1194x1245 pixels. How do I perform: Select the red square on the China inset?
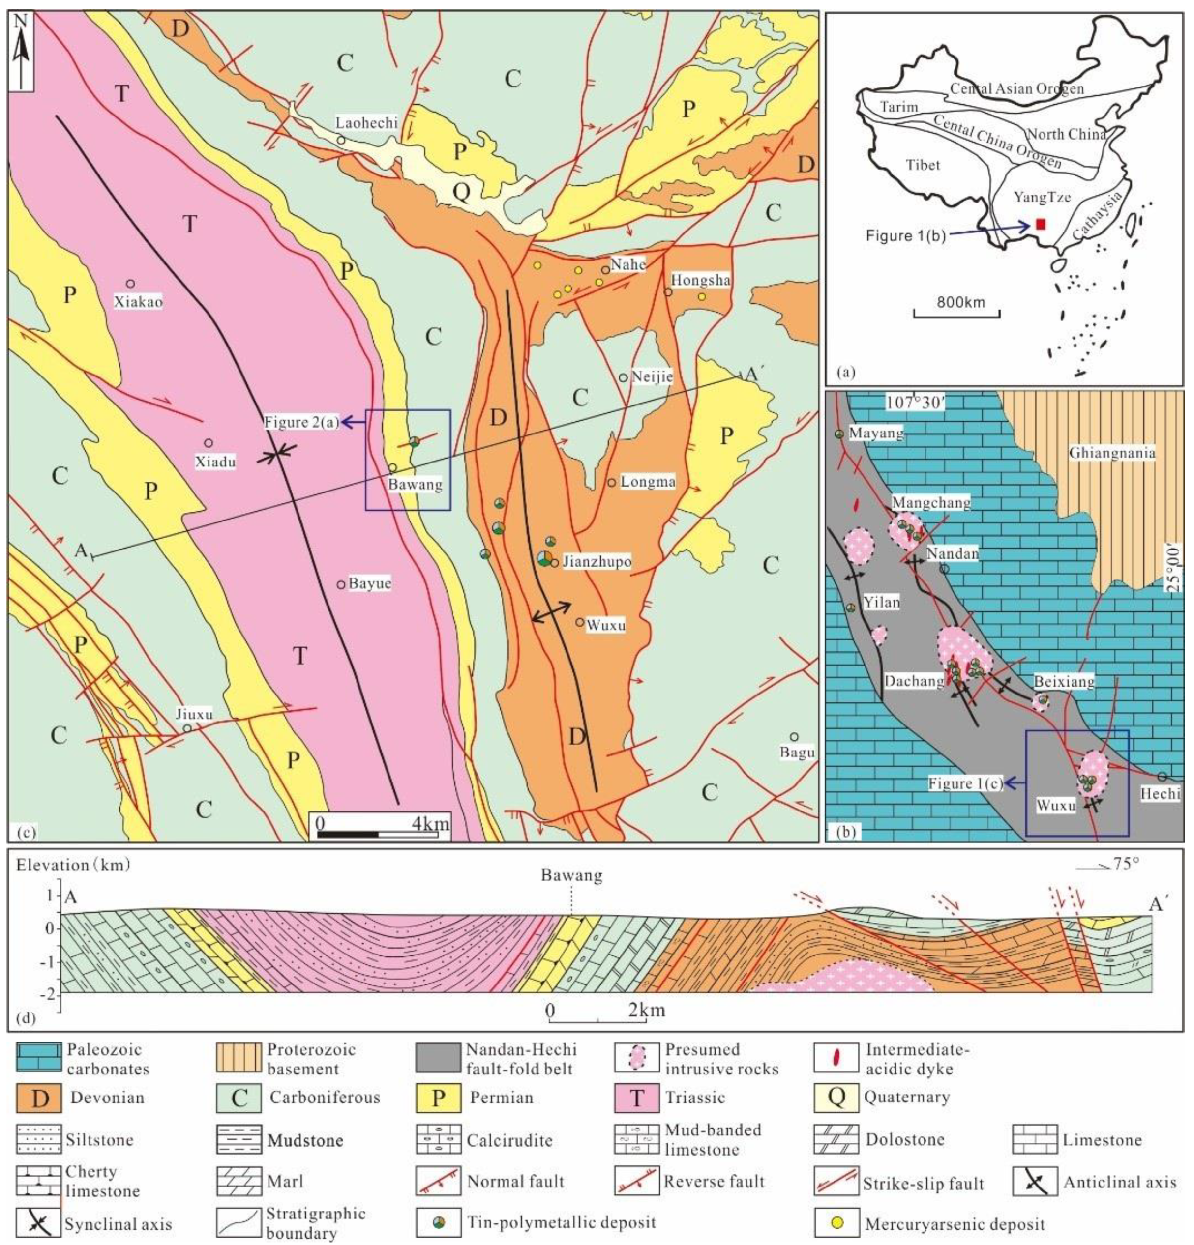coord(1040,224)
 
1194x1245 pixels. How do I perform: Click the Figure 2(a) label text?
coord(302,421)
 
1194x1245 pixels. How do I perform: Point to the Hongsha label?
coord(701,280)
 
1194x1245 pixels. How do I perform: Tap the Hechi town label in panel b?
coord(1161,793)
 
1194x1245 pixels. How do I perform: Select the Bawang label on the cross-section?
coord(571,876)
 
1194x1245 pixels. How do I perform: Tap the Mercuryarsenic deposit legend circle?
coord(837,1223)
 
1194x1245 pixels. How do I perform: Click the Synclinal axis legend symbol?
coord(39,1223)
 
